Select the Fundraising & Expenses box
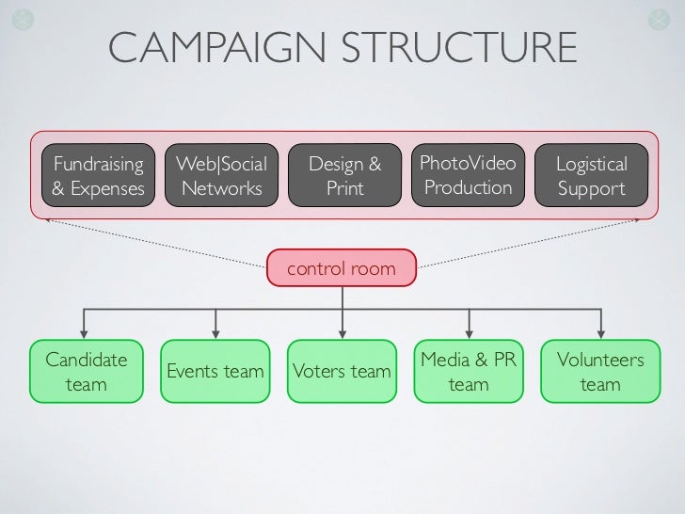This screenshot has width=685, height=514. point(98,176)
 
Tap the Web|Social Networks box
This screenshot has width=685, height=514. point(222,176)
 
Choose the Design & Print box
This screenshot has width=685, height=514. point(345,176)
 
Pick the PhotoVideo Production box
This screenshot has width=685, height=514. point(468,176)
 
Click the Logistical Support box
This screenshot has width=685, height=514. point(591,176)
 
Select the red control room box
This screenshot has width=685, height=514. point(342,269)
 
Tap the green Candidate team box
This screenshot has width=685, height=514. point(86,372)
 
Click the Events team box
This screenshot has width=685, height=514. point(215,372)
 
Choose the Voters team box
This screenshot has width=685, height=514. point(342,372)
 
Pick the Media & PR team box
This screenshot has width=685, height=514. point(469,372)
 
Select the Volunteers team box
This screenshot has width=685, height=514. point(599,372)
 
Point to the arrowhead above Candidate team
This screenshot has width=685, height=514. point(86,332)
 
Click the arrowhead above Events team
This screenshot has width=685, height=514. point(215,332)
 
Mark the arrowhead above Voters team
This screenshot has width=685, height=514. point(342,332)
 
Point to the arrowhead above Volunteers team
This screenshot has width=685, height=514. point(599,332)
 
